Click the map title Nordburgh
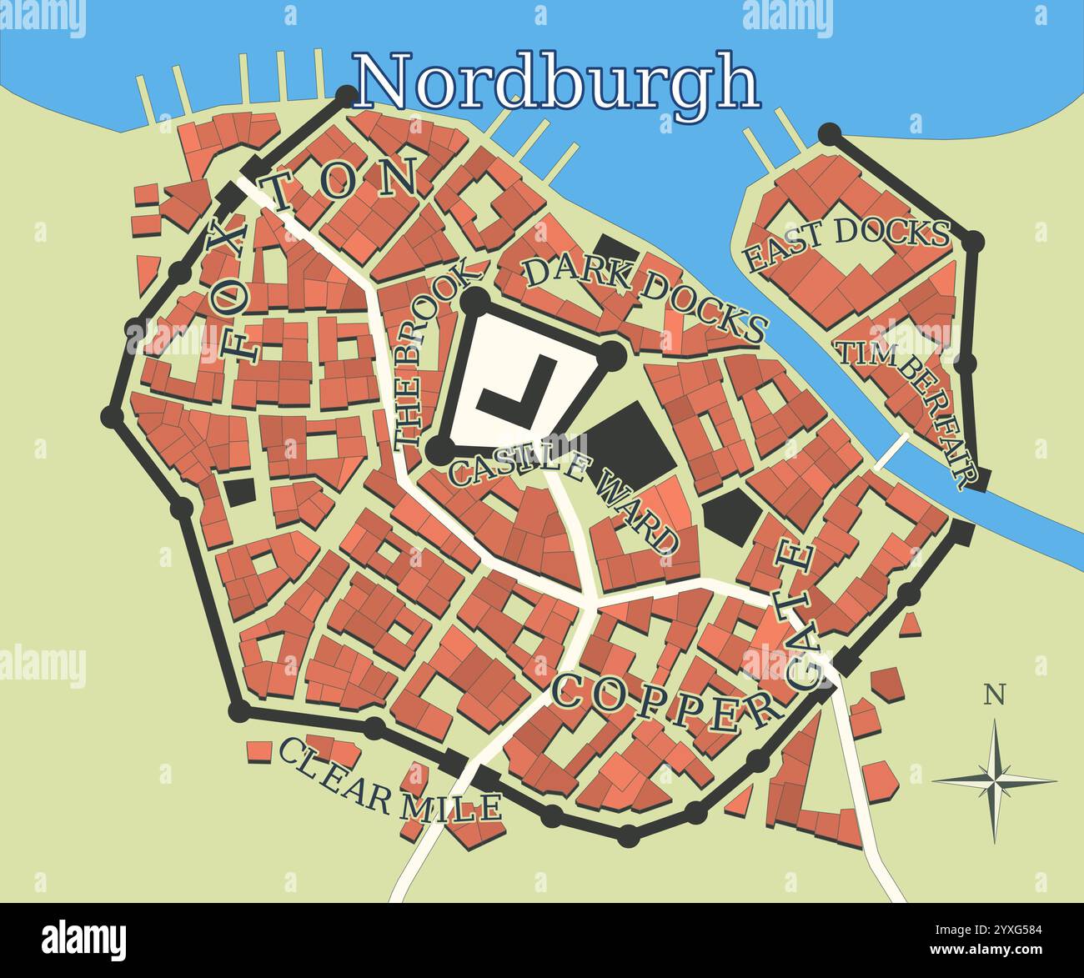(x=557, y=82)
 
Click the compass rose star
(x=994, y=780)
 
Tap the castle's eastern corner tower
(x=611, y=354)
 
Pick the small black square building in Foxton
(x=240, y=490)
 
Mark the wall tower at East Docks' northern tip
(x=830, y=133)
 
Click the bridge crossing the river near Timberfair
(x=891, y=451)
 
